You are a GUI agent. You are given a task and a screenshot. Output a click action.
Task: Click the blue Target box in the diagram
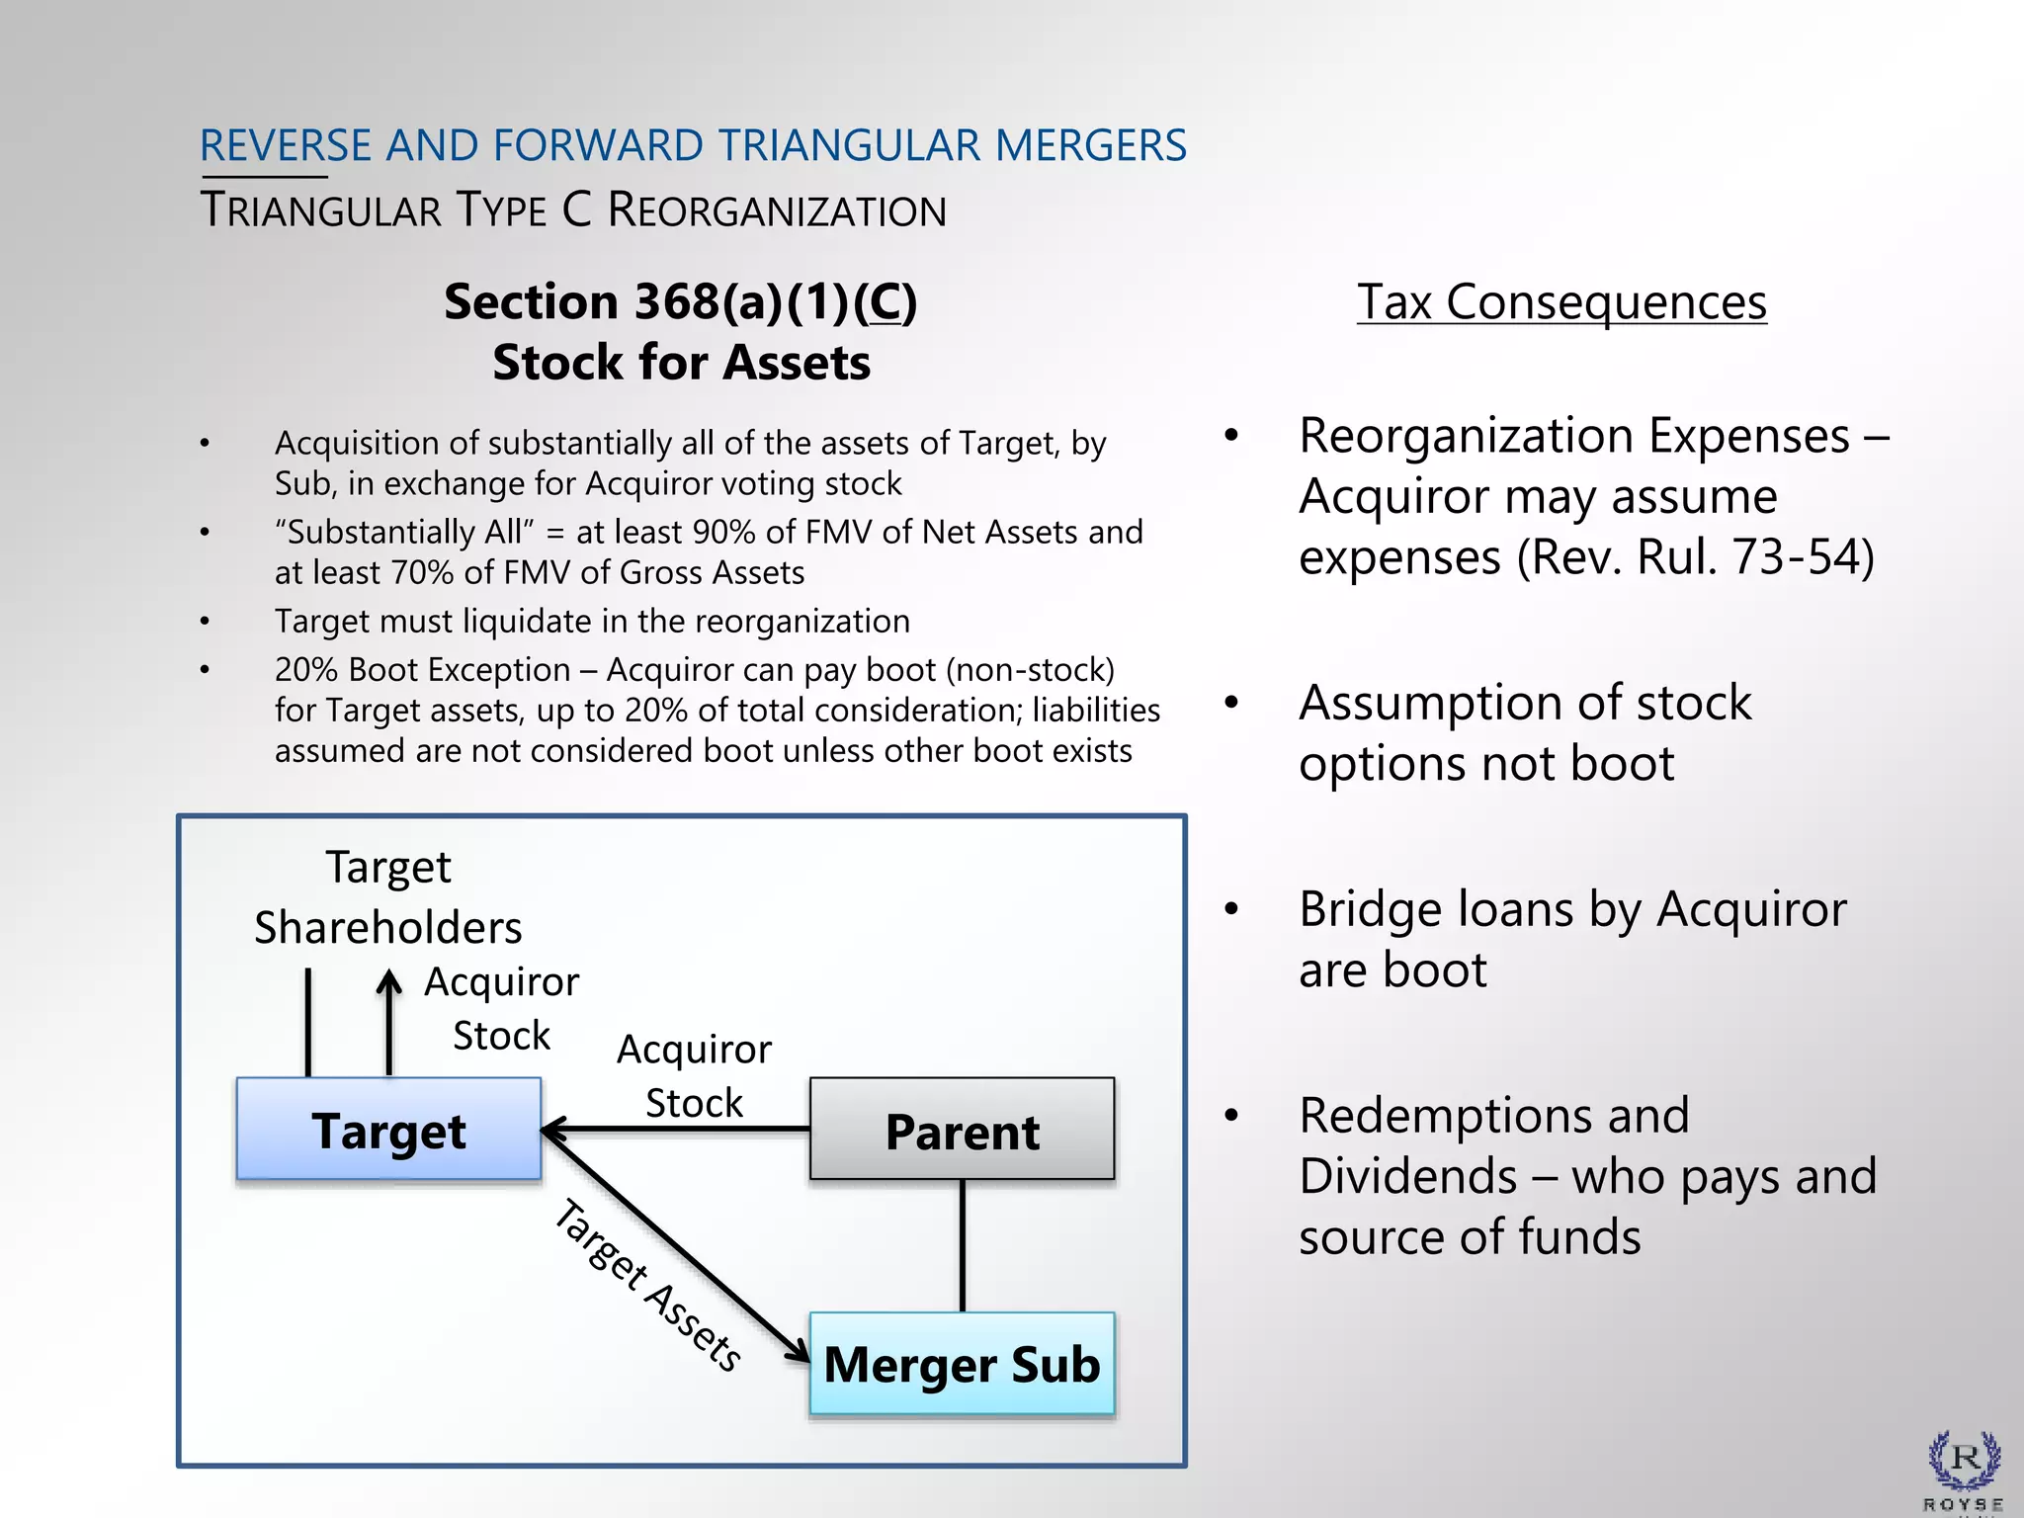[x=388, y=1129]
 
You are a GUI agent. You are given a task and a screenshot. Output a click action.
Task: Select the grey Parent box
[x=962, y=1129]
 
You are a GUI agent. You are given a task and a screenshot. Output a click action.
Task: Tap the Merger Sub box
[x=962, y=1364]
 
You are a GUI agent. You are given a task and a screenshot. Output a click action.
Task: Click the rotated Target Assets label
[x=647, y=1285]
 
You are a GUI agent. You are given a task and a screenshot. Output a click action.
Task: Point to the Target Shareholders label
[x=387, y=897]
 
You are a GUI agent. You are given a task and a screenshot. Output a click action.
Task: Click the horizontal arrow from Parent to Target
[x=682, y=1129]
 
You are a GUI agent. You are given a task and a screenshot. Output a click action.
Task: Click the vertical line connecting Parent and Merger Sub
[x=963, y=1245]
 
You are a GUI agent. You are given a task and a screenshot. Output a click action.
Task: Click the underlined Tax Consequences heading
[x=1561, y=301]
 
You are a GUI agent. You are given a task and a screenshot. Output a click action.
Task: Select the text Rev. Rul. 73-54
[x=1696, y=556]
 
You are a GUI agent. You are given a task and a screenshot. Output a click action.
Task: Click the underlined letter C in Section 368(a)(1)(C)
[x=886, y=302]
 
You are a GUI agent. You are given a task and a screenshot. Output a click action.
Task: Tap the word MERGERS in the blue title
[x=1090, y=145]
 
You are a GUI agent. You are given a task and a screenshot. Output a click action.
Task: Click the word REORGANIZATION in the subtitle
[x=777, y=211]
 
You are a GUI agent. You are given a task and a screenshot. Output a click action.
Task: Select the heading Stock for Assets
[x=681, y=363]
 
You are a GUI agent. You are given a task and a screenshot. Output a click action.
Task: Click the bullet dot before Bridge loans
[x=1230, y=909]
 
